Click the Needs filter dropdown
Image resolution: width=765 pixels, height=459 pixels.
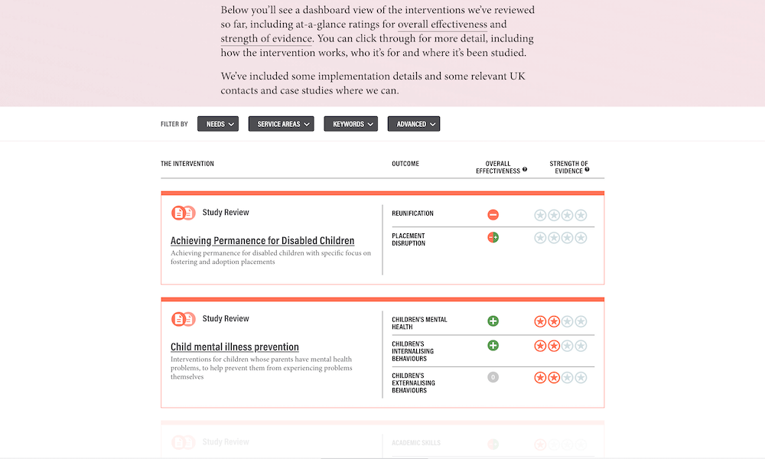tap(218, 124)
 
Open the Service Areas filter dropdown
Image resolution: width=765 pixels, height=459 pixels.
tap(282, 124)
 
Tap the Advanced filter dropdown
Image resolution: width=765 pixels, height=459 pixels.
tap(414, 124)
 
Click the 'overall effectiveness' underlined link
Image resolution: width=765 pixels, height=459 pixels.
tap(442, 24)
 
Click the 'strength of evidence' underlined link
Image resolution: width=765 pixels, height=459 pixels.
tap(266, 38)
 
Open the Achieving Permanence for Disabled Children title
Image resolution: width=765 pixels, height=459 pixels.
tap(262, 241)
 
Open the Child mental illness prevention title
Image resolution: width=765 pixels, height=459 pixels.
tap(235, 347)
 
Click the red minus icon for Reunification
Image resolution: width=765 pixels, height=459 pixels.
tap(493, 215)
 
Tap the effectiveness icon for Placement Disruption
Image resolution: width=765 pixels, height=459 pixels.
tap(493, 237)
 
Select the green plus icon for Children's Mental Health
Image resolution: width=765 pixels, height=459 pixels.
tap(493, 321)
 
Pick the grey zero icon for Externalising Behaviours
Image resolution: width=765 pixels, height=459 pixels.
tap(493, 377)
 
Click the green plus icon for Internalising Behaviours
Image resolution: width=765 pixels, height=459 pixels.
tap(493, 345)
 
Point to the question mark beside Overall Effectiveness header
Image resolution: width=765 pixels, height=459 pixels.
tap(525, 170)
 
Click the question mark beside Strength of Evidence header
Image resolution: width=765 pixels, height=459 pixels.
tap(587, 170)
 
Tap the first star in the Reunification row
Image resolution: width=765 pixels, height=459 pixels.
tap(540, 215)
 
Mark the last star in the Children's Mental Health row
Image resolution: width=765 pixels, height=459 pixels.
tap(581, 321)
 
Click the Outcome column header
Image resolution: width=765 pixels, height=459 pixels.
tap(405, 164)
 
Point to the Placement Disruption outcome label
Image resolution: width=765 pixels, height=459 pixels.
tap(409, 239)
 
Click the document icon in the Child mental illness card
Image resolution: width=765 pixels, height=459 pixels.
tap(184, 319)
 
